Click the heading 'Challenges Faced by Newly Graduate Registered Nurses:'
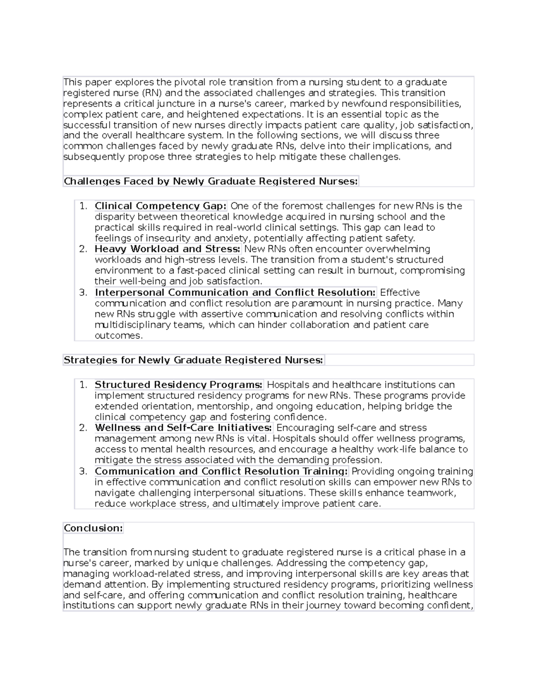coord(211,181)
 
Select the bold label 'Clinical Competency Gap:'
coord(161,206)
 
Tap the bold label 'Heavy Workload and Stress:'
coord(167,249)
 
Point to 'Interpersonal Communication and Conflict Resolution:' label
coord(235,292)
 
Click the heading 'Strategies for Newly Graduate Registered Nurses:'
coord(193,360)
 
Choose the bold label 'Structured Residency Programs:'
coord(179,385)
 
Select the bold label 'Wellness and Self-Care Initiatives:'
coord(183,428)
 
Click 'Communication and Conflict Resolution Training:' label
coord(221,471)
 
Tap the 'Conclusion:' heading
coord(93,528)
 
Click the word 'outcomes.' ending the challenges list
coord(119,336)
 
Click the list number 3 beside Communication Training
coord(83,471)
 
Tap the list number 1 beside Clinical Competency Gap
coord(83,206)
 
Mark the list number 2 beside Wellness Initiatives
coord(83,428)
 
